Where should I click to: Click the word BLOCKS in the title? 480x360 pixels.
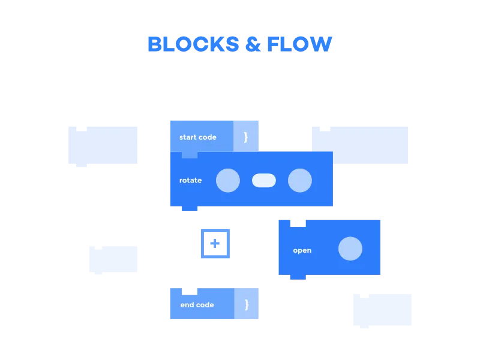click(x=191, y=44)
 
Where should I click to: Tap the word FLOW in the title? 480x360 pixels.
click(x=299, y=44)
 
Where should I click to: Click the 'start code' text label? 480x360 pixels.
click(x=197, y=137)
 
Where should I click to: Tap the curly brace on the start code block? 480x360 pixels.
click(x=245, y=137)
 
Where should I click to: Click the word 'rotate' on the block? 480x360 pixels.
click(x=190, y=181)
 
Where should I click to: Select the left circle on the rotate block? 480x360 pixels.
click(x=228, y=181)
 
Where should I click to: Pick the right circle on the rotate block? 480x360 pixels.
click(x=300, y=181)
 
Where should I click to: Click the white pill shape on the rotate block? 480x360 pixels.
click(x=264, y=181)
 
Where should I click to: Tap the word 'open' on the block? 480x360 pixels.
click(x=302, y=250)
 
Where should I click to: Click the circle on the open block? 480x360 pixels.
click(x=350, y=249)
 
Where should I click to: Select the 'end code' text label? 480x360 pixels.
click(x=197, y=305)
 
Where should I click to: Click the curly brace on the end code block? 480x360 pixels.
click(x=246, y=305)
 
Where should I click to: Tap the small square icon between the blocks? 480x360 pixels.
click(x=214, y=242)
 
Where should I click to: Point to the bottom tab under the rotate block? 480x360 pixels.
click(x=190, y=208)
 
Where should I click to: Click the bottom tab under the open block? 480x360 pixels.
click(x=298, y=278)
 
